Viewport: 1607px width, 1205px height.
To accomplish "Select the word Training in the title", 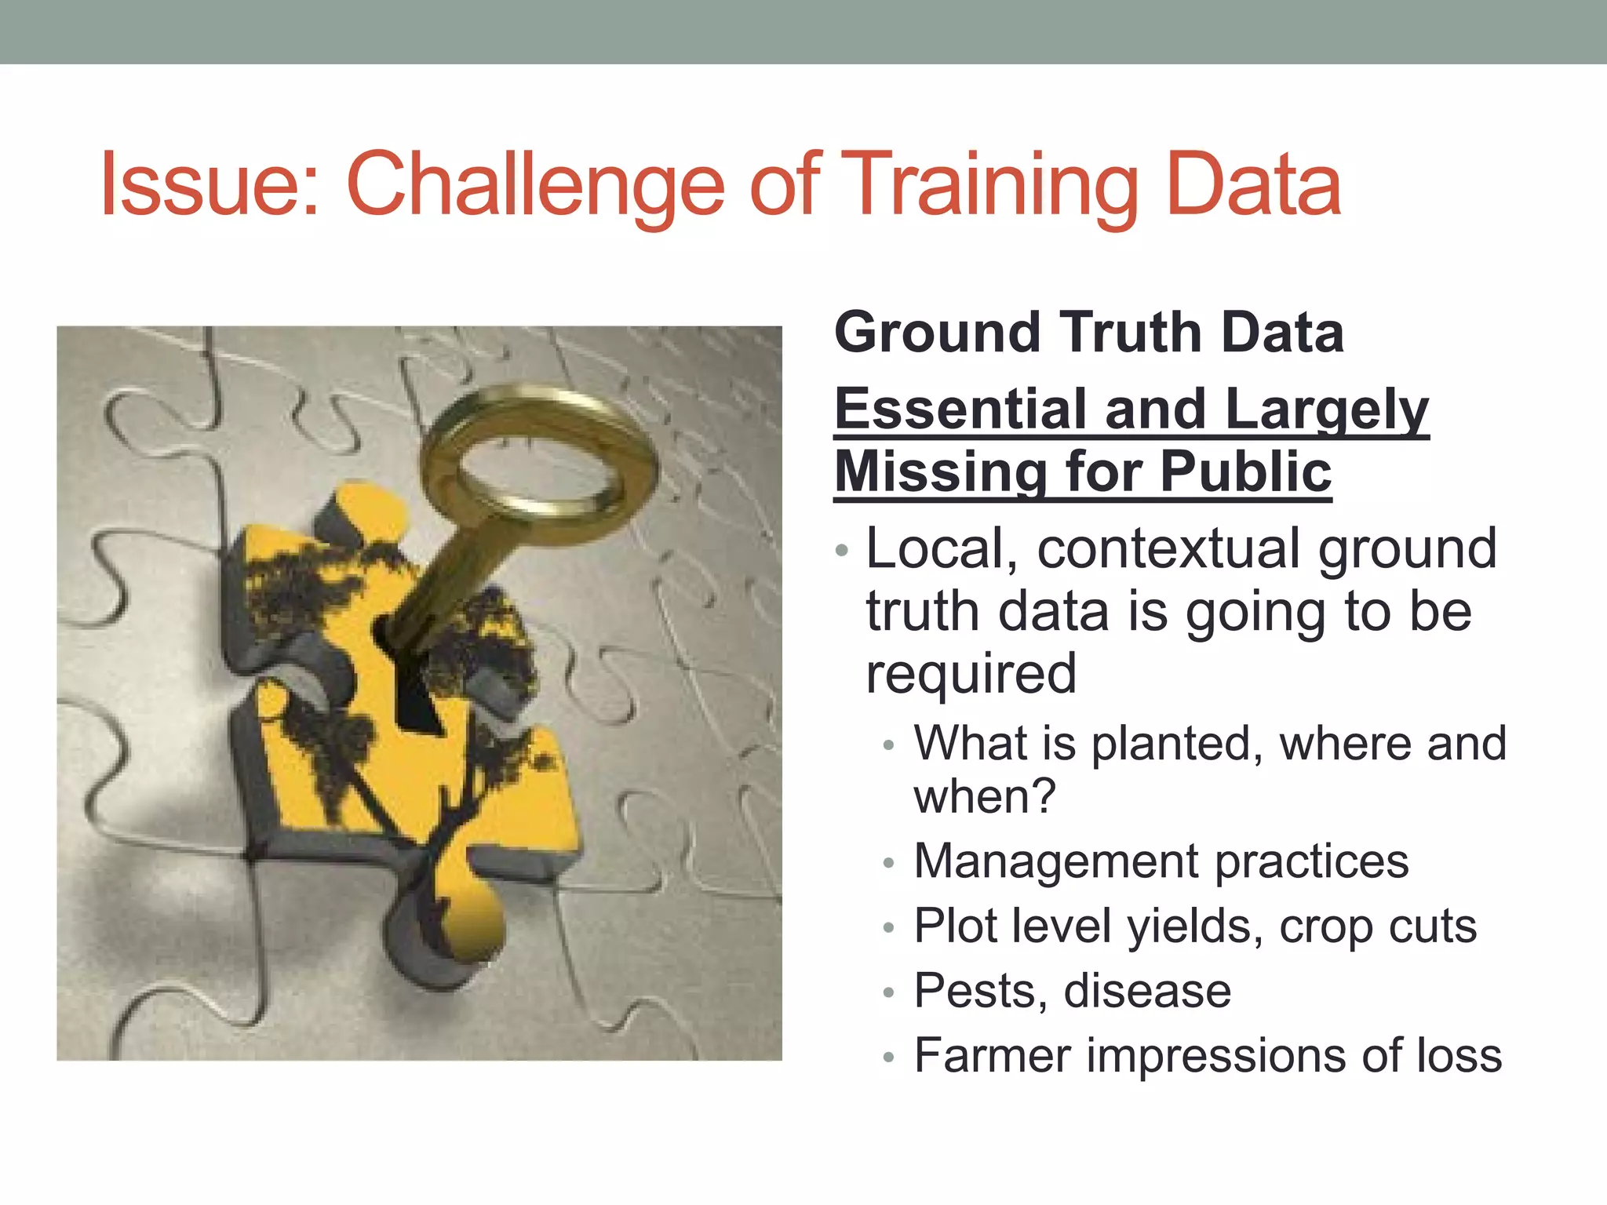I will coord(993,185).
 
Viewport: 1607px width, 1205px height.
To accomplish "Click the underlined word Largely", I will coord(1325,409).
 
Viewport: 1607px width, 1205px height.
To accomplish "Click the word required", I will coord(971,673).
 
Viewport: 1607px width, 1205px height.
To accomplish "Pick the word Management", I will coord(1055,861).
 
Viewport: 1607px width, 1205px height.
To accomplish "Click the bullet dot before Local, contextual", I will coord(842,550).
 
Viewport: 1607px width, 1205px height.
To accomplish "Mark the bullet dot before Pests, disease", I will coord(888,992).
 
